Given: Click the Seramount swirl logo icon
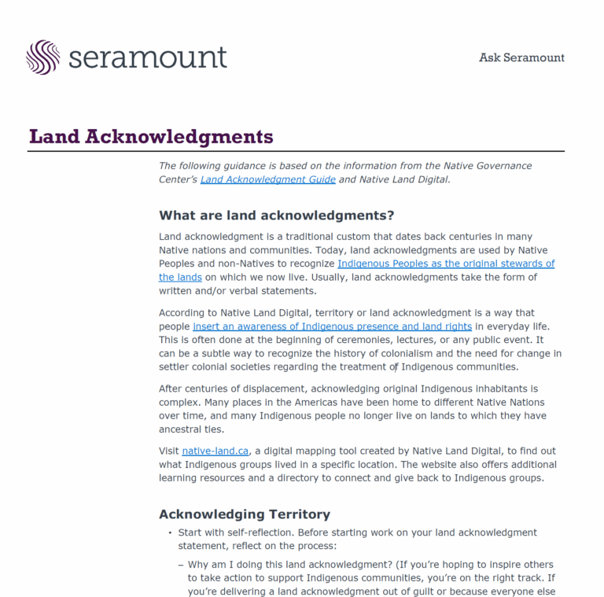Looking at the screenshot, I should [42, 57].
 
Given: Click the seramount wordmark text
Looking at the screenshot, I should [148, 57].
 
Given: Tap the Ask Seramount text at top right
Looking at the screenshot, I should [521, 57].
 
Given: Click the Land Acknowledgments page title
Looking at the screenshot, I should [151, 137].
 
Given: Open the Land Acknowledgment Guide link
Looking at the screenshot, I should [267, 179].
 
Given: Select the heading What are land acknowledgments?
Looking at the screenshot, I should [276, 216].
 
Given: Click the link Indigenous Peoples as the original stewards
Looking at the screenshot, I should [446, 263].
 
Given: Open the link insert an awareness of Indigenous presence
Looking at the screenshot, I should [332, 326].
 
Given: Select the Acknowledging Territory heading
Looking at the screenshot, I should [244, 514].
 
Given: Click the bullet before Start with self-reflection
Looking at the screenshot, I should [169, 533].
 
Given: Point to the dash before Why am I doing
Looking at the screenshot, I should [180, 565].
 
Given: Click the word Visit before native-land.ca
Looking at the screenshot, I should [169, 451].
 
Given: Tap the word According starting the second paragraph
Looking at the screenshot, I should [183, 312].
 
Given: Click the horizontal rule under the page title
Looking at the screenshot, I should [296, 151].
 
